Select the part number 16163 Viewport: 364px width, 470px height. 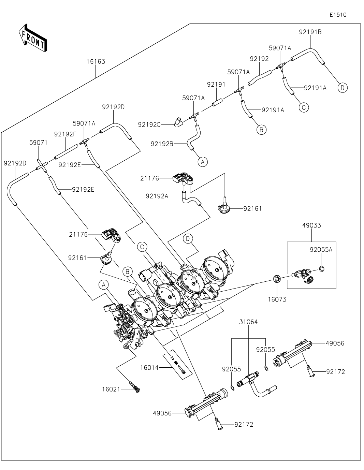(x=96, y=62)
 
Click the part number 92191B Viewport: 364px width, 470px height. (x=310, y=32)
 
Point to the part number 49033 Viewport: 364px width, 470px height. (x=311, y=225)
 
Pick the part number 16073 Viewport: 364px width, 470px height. (x=277, y=299)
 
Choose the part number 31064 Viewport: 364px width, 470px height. (x=248, y=322)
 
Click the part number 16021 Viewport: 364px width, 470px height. (x=111, y=389)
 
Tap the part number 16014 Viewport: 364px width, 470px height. (x=149, y=367)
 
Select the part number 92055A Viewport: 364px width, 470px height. (x=321, y=249)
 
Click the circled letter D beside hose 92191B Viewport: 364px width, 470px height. (x=343, y=88)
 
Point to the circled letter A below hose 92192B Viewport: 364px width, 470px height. (x=203, y=162)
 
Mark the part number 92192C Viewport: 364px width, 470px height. (x=149, y=124)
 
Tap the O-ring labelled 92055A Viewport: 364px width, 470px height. (x=321, y=269)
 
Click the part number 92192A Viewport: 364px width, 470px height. (x=157, y=196)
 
